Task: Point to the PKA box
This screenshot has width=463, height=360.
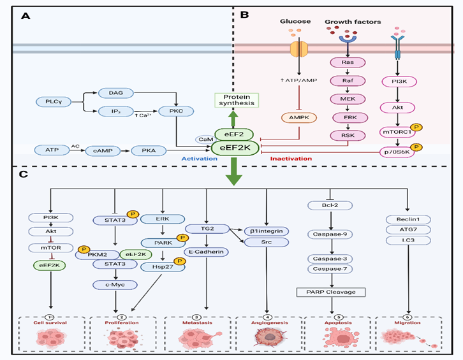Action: (149, 150)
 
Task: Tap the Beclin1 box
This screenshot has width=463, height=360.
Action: (406, 219)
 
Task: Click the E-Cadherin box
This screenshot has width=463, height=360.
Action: (205, 252)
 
